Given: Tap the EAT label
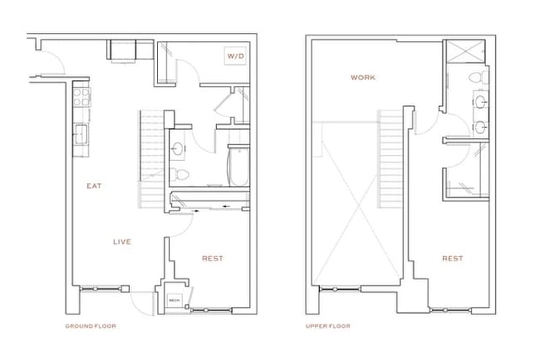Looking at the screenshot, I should coord(94,186).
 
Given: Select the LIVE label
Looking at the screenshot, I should coord(122,242).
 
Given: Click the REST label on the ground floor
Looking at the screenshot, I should coord(212,259).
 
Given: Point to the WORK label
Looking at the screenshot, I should coord(363,78).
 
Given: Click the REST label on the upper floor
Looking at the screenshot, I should coord(452,259).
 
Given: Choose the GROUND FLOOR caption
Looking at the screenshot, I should coord(90,325).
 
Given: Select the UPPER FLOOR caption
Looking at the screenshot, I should coord(329,325).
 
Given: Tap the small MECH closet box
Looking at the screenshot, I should coord(175,299).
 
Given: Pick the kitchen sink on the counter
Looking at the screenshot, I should coord(81,134).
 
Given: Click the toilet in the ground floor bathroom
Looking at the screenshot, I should coord(178,175).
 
